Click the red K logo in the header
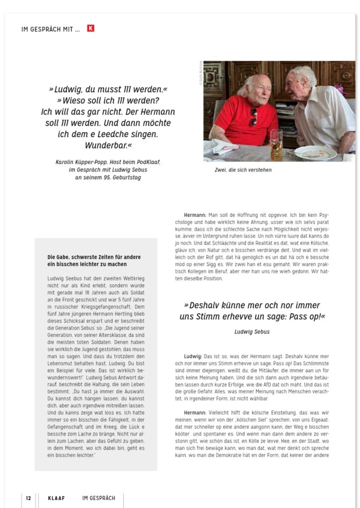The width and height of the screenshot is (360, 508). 90,29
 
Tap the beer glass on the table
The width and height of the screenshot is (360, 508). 276,144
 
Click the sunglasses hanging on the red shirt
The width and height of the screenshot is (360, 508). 254,117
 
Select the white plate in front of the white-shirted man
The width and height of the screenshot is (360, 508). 315,153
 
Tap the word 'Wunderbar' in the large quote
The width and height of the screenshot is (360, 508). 107,145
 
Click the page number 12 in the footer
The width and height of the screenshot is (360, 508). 29,498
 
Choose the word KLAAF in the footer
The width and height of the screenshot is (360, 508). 56,498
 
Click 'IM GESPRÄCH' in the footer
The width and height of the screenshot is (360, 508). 99,498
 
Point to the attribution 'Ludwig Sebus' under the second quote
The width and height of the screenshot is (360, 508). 252,331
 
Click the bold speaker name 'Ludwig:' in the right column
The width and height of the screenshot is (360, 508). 193,356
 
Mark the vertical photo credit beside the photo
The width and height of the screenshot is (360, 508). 201,73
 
